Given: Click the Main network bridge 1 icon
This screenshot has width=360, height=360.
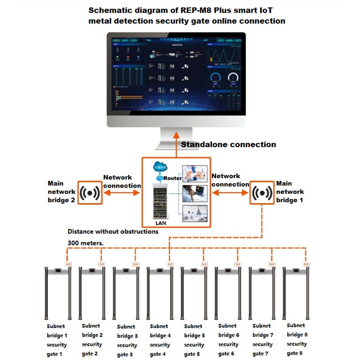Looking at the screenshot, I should coord(261,193).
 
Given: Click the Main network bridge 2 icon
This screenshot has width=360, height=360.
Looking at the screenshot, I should coord(90,193).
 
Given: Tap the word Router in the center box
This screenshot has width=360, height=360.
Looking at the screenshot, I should coord(172,178).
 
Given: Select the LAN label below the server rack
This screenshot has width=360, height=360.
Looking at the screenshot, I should coord(161,223).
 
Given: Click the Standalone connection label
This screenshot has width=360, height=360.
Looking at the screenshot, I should coord(228,144).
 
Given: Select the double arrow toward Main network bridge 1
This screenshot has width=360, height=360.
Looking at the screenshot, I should coord(230,193).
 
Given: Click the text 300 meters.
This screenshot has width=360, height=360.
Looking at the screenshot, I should coord(85,243).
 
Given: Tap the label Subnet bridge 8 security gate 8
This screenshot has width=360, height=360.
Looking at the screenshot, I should coord(297,339).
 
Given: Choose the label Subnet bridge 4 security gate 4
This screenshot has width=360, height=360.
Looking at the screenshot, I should coord(160,340).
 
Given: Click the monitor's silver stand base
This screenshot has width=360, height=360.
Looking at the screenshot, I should coord(176,147).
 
